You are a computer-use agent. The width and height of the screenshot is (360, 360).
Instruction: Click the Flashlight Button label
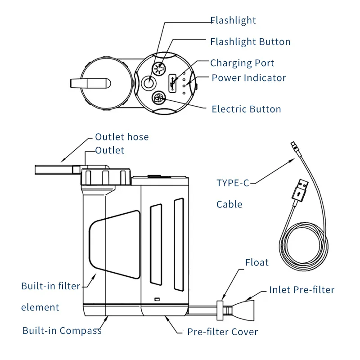pos(250,42)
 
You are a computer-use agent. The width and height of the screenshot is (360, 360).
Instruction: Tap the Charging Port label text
pos(242,63)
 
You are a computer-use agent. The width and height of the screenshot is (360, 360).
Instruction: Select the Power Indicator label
pos(249,78)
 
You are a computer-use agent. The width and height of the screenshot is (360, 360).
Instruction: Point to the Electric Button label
pos(246,109)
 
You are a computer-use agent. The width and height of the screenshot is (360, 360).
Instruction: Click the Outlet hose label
pos(121,137)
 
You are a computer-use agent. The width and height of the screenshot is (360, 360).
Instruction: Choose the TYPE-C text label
pos(233,183)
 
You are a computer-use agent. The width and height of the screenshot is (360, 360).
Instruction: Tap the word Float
pos(257,262)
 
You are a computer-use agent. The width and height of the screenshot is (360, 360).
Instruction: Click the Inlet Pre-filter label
pos(301,290)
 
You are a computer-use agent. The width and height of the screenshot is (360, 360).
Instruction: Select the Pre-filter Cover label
pos(223,332)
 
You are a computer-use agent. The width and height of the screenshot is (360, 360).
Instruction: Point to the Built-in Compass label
pos(62,331)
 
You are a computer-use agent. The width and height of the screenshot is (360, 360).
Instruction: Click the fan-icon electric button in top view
pos(158,97)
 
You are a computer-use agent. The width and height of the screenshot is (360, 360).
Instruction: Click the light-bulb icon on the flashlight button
pos(158,69)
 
